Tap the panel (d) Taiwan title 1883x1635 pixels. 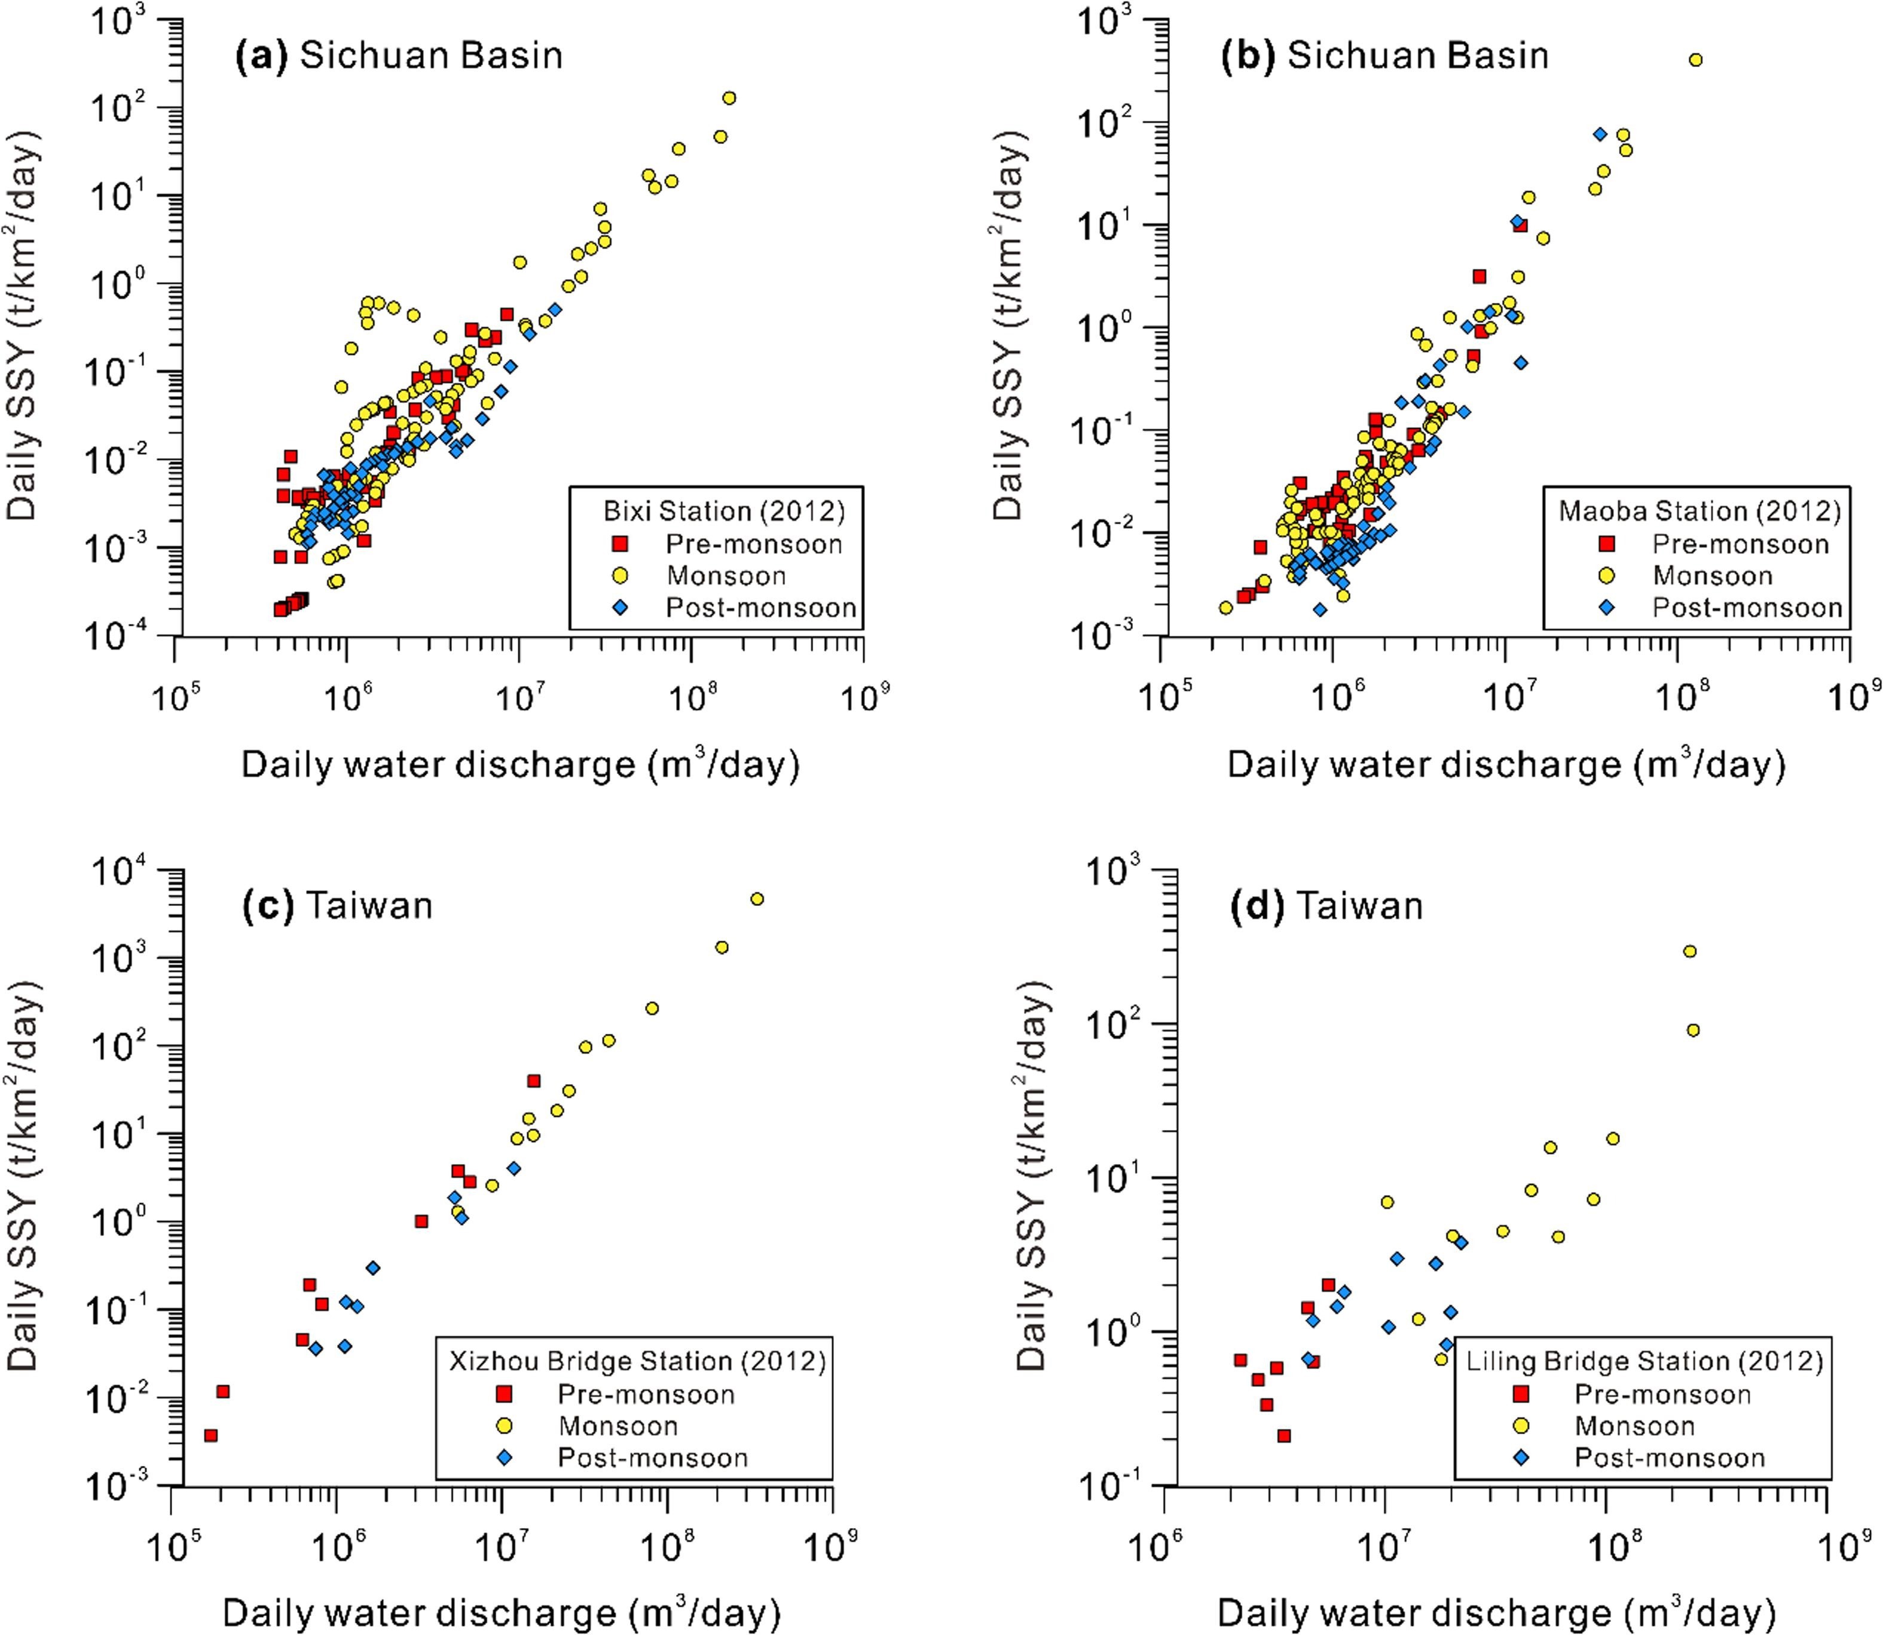1327,906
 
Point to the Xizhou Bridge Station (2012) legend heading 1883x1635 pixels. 637,1361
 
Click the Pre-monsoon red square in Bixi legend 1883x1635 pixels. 620,544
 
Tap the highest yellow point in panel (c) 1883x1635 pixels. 757,899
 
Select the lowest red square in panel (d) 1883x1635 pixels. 1284,1436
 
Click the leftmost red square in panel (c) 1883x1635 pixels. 211,1435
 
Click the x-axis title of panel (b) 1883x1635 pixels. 1506,764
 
